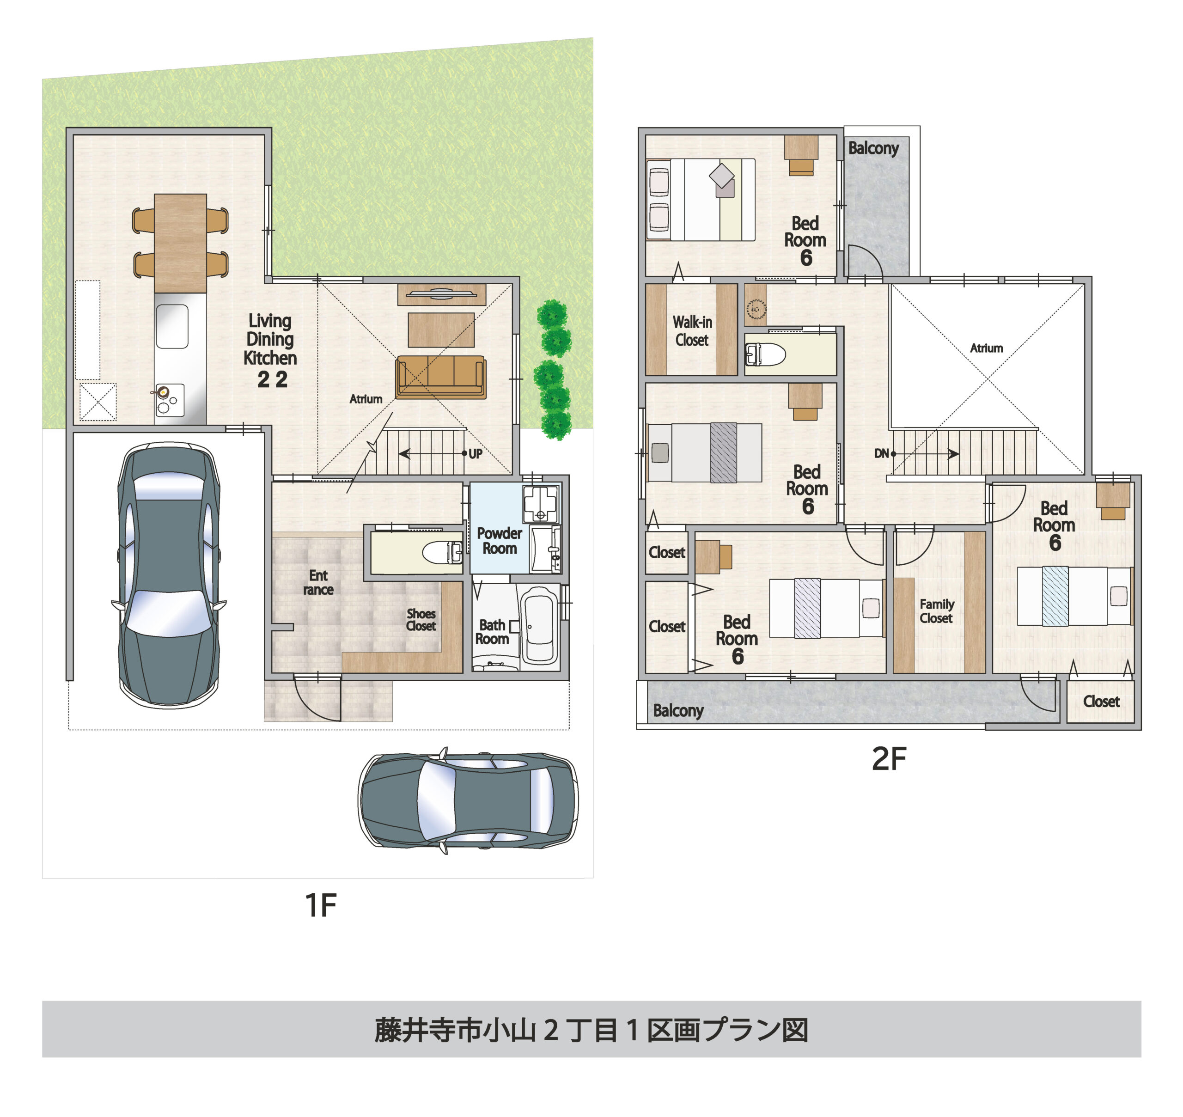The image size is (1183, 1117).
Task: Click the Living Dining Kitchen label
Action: pyautogui.click(x=270, y=348)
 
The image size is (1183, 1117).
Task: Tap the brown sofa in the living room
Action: pyautogui.click(x=440, y=376)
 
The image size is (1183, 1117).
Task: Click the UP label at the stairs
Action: pyautogui.click(x=475, y=454)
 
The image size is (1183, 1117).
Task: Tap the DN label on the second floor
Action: pyautogui.click(x=881, y=454)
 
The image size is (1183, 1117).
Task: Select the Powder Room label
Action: pyautogui.click(x=499, y=541)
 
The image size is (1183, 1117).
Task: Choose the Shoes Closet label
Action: pyautogui.click(x=421, y=619)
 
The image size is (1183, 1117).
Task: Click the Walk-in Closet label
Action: pyautogui.click(x=692, y=331)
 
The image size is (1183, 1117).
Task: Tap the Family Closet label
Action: pyautogui.click(x=937, y=611)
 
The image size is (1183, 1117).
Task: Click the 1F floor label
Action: pyautogui.click(x=320, y=905)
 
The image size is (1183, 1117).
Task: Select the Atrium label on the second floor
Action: pyautogui.click(x=986, y=348)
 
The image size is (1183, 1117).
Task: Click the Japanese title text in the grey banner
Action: pyautogui.click(x=591, y=1030)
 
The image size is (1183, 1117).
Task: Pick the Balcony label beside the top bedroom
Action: pyautogui.click(x=873, y=148)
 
